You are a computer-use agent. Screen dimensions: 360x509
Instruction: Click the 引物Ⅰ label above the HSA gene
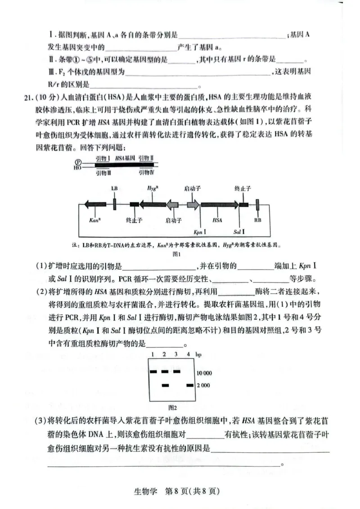tap(103, 158)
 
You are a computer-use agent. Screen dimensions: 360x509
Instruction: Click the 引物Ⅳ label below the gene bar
tap(147, 172)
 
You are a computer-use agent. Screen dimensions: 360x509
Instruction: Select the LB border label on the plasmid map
tap(114, 188)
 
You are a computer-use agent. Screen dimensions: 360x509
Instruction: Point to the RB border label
tap(257, 220)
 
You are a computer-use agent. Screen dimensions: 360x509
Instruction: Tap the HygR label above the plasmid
tap(152, 188)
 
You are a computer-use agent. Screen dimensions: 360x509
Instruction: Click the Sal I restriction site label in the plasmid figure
tap(239, 232)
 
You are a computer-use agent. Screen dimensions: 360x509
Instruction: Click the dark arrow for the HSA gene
tap(220, 205)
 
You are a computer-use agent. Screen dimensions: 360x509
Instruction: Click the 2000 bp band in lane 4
tap(189, 385)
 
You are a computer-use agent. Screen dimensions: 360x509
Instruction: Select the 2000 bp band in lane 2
tap(165, 385)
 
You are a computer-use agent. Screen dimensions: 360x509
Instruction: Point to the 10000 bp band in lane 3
tap(177, 371)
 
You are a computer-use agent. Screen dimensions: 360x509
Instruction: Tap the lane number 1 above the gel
tap(153, 355)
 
